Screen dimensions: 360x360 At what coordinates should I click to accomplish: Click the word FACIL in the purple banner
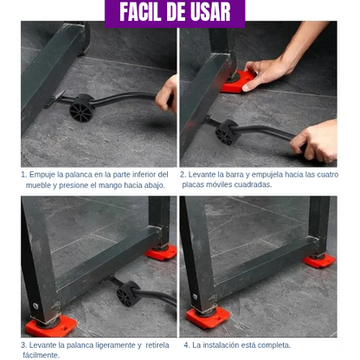tap(141, 12)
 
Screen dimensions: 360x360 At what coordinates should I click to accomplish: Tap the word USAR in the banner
tap(211, 12)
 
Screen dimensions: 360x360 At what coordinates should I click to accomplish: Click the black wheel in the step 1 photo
tap(82, 107)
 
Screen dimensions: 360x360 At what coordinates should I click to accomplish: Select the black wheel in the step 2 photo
tap(228, 132)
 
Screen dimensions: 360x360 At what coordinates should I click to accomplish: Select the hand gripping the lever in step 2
tap(315, 141)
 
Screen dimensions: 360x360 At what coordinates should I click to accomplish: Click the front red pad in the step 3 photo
tap(51, 326)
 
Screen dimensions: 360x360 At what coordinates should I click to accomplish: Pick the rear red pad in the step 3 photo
tap(161, 253)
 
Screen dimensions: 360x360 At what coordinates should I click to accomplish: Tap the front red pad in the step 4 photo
tap(208, 318)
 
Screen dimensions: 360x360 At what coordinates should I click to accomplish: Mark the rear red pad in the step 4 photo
tap(319, 260)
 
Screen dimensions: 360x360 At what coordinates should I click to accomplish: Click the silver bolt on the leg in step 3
tap(35, 305)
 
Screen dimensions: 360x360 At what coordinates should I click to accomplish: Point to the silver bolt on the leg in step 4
tap(196, 296)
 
